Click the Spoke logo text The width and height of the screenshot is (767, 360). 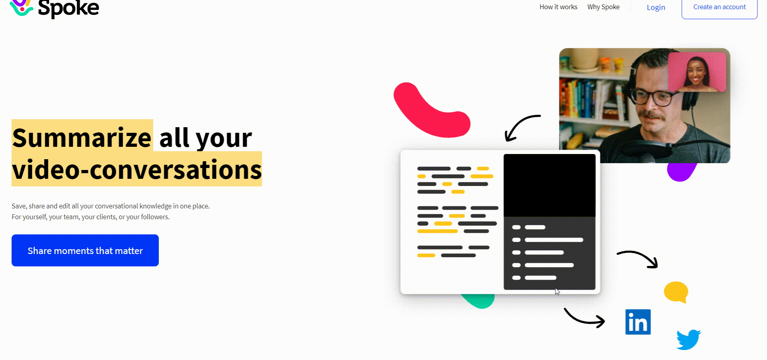pyautogui.click(x=68, y=8)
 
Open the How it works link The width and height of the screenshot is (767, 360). pyautogui.click(x=558, y=7)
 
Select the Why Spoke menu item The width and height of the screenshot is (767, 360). pyautogui.click(x=603, y=7)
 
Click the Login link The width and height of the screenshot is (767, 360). pyautogui.click(x=656, y=8)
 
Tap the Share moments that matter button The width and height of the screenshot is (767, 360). pyautogui.click(x=85, y=250)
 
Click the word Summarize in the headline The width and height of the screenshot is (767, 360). pyautogui.click(x=82, y=138)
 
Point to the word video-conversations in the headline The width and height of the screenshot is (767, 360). pyautogui.click(x=137, y=170)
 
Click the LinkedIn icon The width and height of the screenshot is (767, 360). pyautogui.click(x=638, y=322)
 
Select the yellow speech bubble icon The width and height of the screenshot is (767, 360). pyautogui.click(x=676, y=292)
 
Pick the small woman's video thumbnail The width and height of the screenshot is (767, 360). pyautogui.click(x=697, y=72)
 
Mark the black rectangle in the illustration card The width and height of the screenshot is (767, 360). pyautogui.click(x=549, y=185)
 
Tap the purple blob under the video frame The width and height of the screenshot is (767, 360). pyautogui.click(x=681, y=172)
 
